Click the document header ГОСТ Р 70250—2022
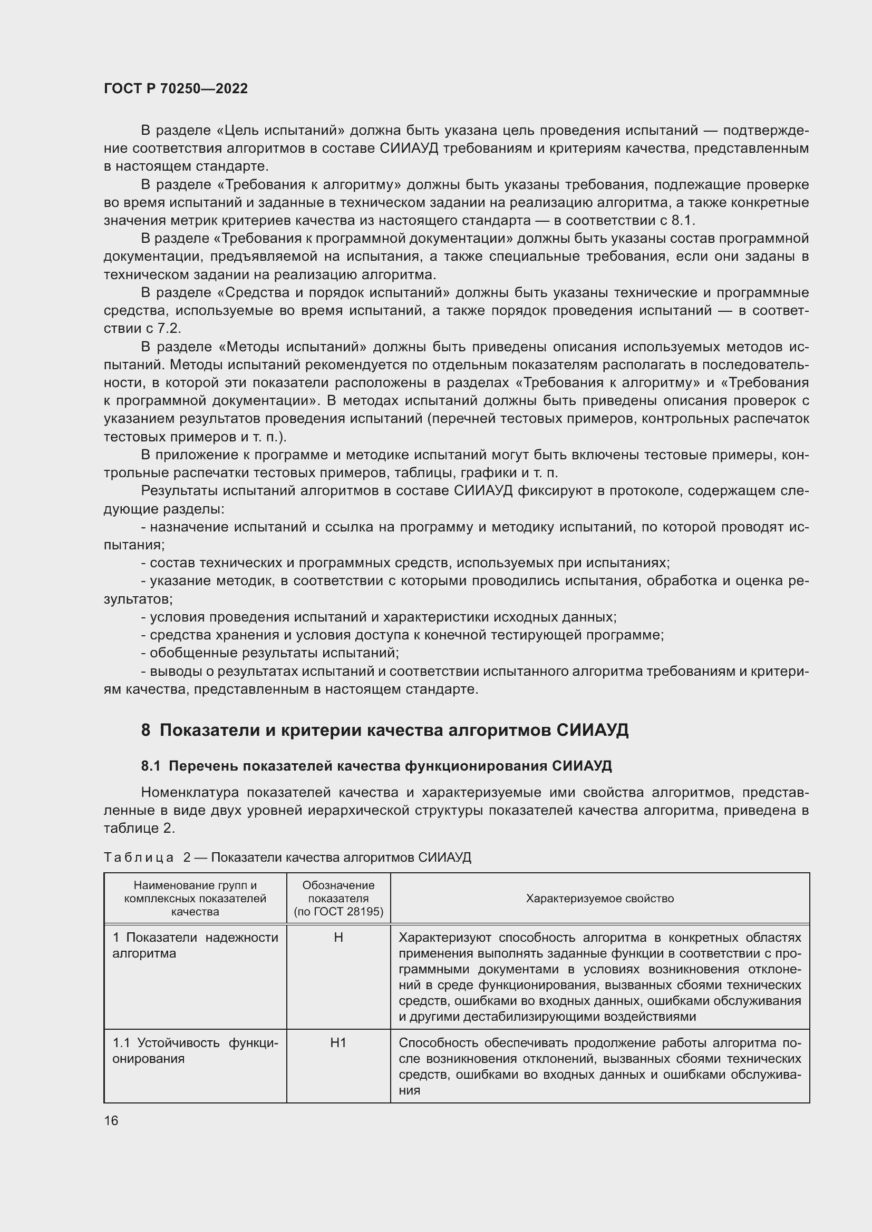pos(176,88)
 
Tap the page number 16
pos(111,1116)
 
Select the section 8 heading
pos(384,730)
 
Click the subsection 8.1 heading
pos(376,766)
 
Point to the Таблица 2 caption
pos(287,858)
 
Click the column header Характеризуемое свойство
pos(599,899)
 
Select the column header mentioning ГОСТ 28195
pos(338,899)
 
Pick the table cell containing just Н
pos(338,938)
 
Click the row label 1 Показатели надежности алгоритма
pos(195,945)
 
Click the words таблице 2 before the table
pos(138,829)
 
